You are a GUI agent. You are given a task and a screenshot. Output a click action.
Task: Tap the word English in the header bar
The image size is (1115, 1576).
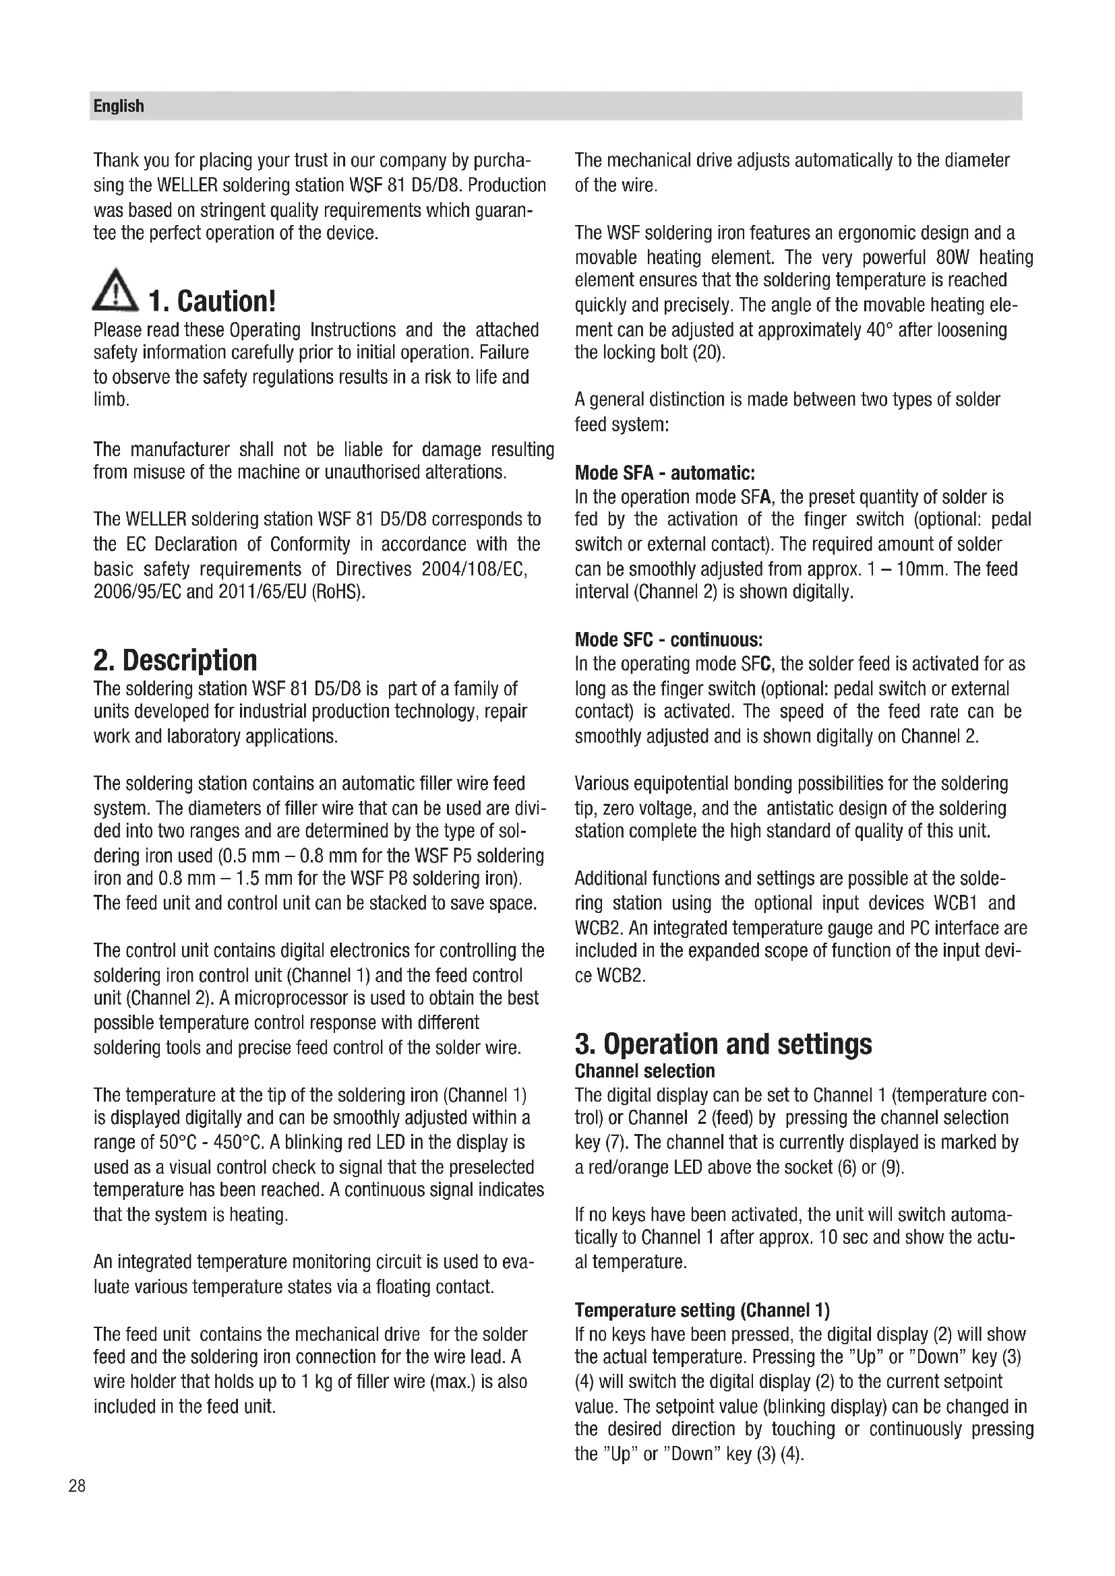[119, 106]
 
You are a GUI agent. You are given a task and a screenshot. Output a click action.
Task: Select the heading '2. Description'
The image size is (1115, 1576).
[175, 660]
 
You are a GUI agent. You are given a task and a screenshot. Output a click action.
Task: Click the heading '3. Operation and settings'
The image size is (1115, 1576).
[723, 1044]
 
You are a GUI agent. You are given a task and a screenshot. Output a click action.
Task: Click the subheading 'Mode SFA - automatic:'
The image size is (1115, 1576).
[665, 473]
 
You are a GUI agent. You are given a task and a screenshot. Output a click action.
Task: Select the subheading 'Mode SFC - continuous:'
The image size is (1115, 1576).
[668, 639]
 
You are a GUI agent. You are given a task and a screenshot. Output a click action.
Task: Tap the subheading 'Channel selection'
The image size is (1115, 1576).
[644, 1071]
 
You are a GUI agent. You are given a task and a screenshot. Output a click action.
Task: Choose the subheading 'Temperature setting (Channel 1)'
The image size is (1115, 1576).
[702, 1311]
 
